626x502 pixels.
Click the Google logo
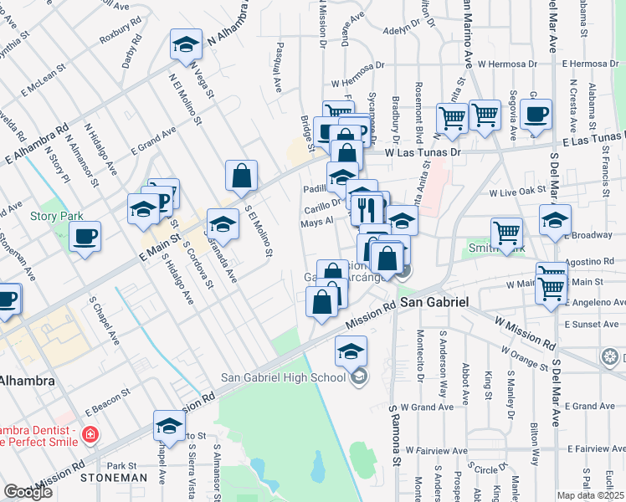(28, 492)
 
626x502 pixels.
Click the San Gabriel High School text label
(283, 376)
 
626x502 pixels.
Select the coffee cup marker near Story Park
(85, 238)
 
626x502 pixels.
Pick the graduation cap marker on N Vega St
(186, 45)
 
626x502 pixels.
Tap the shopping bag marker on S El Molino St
(241, 176)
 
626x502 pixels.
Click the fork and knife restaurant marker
(365, 209)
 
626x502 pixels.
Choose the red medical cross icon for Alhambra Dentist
(90, 435)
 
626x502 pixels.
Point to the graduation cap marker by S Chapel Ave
(169, 427)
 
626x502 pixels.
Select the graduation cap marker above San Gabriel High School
(351, 351)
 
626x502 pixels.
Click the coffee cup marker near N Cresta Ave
(536, 115)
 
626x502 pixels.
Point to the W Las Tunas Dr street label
(423, 153)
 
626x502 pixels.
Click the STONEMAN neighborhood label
(114, 478)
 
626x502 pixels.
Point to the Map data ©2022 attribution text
(591, 495)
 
